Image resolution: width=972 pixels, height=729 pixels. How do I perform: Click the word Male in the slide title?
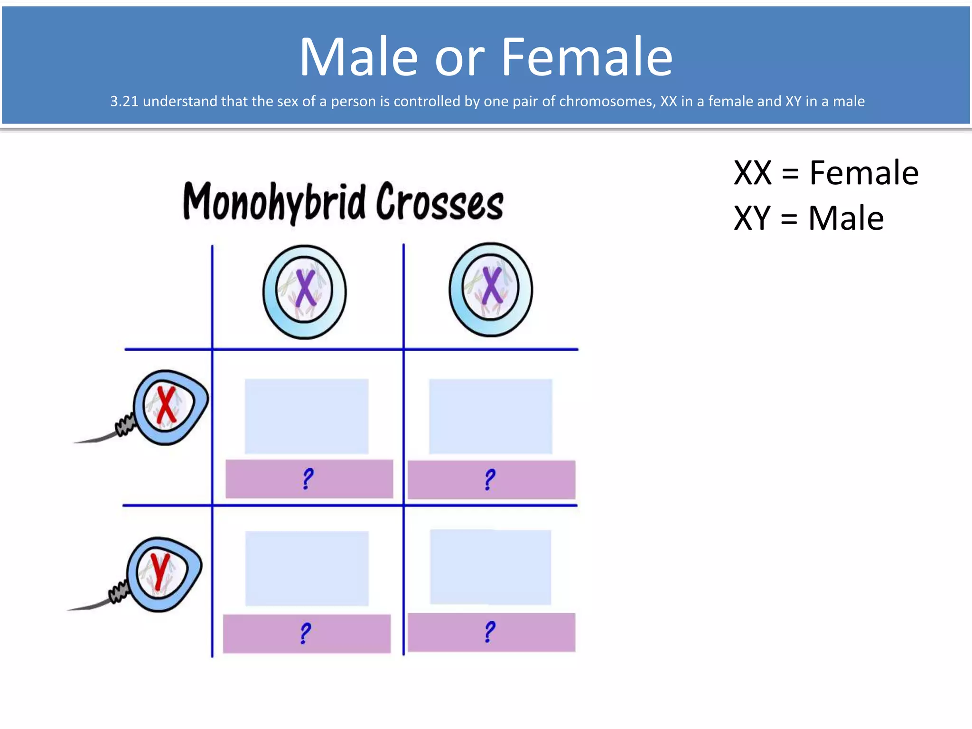click(358, 57)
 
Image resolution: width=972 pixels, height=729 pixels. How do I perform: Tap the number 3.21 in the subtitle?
click(124, 101)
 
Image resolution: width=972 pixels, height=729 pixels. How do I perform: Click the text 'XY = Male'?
click(808, 218)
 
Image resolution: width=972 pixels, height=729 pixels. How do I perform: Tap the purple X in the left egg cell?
click(305, 288)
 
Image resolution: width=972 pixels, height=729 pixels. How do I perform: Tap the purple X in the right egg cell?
click(492, 286)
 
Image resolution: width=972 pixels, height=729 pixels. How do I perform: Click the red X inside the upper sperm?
click(166, 405)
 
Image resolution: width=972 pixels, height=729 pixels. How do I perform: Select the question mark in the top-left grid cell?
click(308, 478)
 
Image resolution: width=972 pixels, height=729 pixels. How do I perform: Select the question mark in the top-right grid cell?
click(490, 479)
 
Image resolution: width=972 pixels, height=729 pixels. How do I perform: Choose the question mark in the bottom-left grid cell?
click(306, 633)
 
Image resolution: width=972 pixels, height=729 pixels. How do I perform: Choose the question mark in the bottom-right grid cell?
click(490, 632)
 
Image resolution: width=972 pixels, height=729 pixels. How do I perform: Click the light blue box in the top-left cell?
click(307, 416)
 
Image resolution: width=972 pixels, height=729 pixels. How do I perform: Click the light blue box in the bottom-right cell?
click(490, 567)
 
